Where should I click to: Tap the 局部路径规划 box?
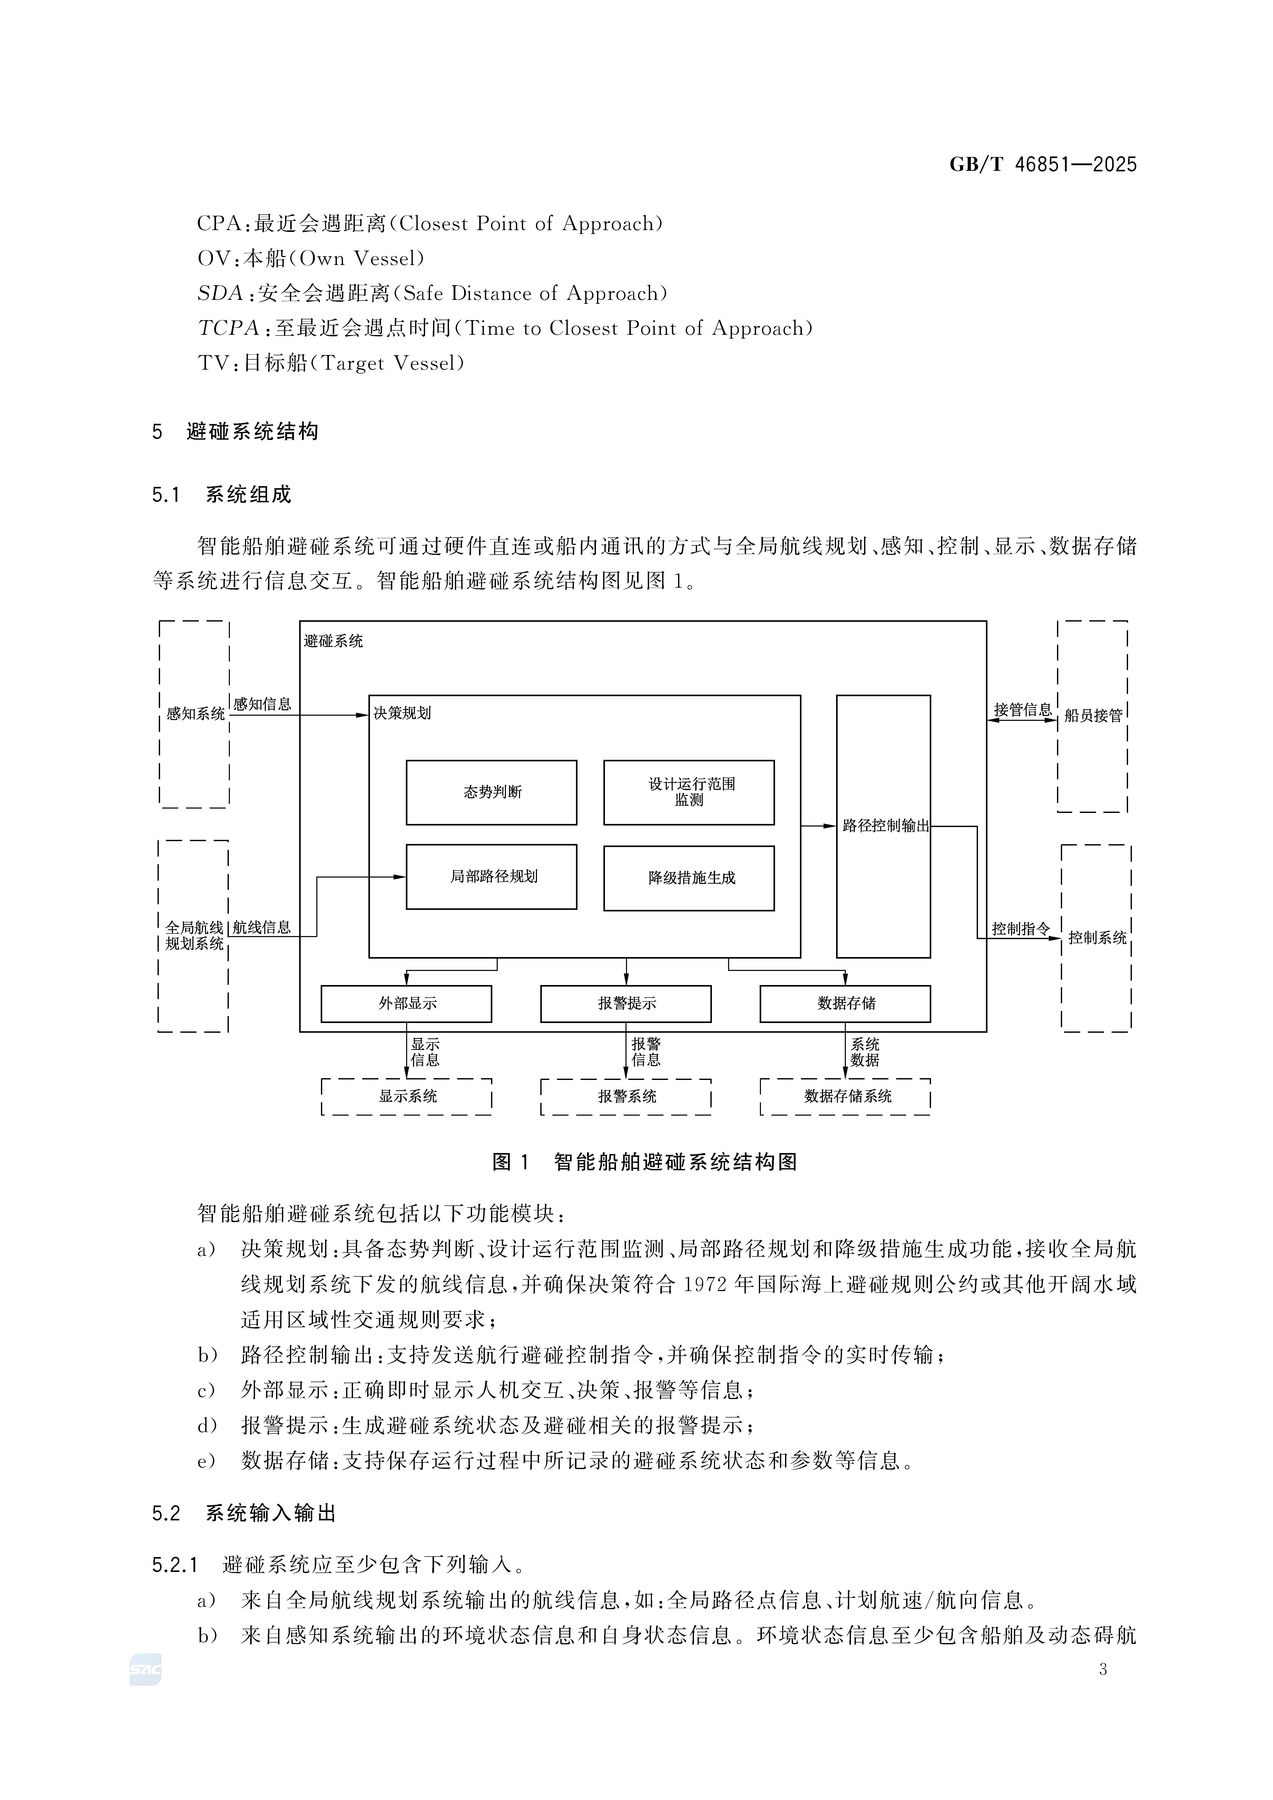click(492, 877)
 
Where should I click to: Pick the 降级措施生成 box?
click(689, 878)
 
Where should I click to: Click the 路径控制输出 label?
click(885, 825)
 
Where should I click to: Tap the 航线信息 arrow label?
click(262, 927)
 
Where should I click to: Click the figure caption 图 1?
click(511, 1162)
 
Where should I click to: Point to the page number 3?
click(1103, 1670)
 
